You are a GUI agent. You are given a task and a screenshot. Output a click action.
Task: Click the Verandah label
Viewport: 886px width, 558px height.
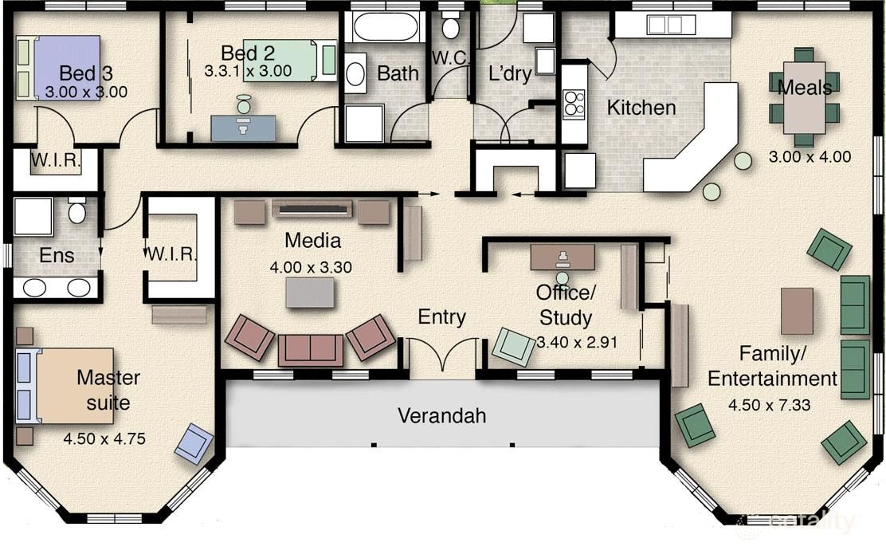pos(442,415)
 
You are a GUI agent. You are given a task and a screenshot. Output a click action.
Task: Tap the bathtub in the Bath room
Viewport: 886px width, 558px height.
pos(385,26)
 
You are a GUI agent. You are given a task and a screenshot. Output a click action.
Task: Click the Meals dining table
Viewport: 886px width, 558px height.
pos(804,97)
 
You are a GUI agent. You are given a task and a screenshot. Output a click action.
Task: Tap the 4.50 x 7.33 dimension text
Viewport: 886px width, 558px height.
pos(769,405)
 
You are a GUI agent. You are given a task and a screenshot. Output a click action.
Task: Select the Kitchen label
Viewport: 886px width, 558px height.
pos(641,108)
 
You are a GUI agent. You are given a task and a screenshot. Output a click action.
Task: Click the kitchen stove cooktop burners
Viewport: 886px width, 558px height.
pos(574,103)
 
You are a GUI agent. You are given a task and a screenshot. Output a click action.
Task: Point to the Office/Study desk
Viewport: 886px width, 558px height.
pos(563,257)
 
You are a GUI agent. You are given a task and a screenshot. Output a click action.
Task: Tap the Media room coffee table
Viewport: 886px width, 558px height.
pos(309,293)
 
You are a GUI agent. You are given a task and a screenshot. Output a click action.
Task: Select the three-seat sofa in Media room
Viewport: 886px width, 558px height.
pos(310,351)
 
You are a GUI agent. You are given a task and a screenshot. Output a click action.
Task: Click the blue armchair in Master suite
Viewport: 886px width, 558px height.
pos(194,444)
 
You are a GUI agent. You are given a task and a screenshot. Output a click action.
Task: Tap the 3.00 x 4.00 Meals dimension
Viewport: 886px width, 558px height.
pos(810,156)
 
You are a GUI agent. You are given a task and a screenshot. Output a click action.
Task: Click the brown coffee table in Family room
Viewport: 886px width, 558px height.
pos(797,311)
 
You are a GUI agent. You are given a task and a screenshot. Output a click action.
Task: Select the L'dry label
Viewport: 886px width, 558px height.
pos(510,73)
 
